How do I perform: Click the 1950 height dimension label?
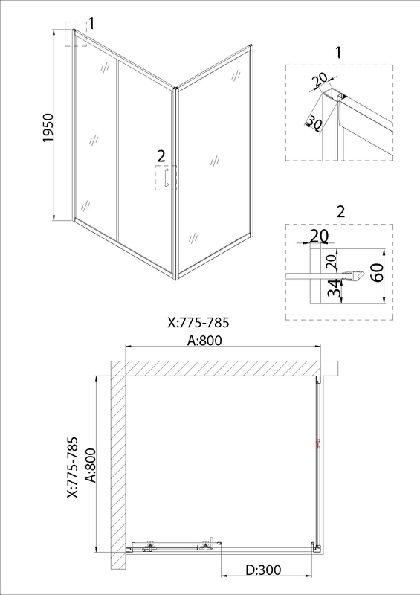tap(49, 127)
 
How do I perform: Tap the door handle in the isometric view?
tap(166, 178)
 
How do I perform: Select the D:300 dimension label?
tap(264, 569)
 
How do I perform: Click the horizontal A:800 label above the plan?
tap(204, 340)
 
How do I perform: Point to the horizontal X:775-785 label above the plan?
tap(198, 322)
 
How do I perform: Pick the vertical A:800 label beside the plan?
tap(91, 466)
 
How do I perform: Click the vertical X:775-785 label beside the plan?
tap(72, 467)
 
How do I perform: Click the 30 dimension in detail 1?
tap(314, 122)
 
